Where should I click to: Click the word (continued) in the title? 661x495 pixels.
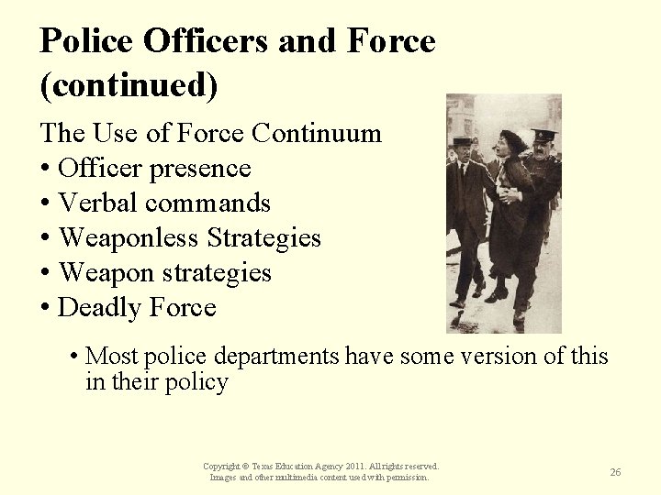point(129,85)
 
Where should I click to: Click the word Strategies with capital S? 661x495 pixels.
point(263,238)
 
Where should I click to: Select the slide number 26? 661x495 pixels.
point(615,472)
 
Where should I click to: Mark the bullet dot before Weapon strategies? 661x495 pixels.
point(45,273)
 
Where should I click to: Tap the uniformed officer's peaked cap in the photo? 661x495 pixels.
point(544,135)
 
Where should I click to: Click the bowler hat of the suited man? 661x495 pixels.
point(464,141)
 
